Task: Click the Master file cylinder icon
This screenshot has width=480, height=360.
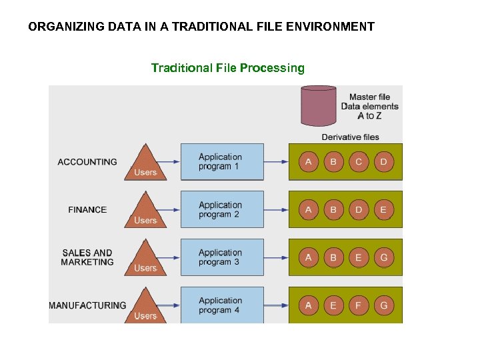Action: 319,105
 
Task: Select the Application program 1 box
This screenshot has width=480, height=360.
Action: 222,161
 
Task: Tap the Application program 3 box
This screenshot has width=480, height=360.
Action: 222,257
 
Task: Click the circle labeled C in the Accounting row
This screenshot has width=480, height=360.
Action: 359,162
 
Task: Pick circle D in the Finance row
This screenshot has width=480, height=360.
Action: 359,210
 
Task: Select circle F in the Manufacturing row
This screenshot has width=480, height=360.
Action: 359,306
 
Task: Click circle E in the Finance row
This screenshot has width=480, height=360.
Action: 383,210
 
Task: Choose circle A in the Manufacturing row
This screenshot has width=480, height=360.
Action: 308,306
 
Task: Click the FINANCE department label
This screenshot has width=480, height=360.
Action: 87,210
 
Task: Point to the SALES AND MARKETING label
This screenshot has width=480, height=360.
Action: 87,257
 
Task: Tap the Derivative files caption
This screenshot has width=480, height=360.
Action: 350,137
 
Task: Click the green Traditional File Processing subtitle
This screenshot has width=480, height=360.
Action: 227,68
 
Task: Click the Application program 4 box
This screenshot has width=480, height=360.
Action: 222,305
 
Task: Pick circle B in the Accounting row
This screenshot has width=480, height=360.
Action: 333,162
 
